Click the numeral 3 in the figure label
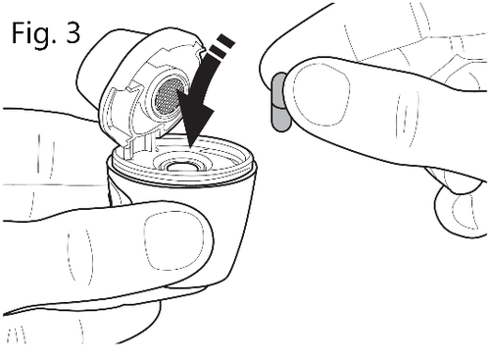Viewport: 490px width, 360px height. click(73, 32)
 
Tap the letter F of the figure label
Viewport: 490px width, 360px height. click(18, 32)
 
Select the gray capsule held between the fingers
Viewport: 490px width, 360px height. click(280, 102)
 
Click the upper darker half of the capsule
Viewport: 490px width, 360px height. click(278, 89)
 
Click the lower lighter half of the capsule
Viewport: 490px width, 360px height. click(281, 119)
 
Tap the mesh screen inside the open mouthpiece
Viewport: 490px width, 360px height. click(168, 95)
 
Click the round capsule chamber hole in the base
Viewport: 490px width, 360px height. click(181, 167)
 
